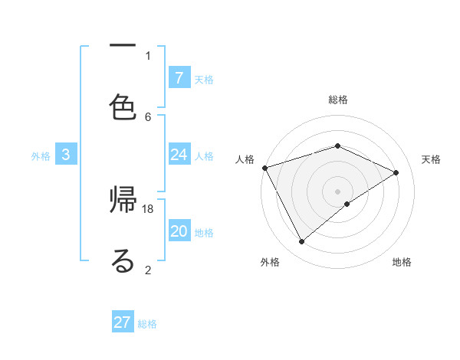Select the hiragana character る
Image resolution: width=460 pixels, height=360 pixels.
pos(123,261)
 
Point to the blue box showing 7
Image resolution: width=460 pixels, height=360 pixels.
pos(179,77)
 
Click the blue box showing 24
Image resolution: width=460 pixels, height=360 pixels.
pos(179,155)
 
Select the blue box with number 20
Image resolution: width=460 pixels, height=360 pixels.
pos(179,231)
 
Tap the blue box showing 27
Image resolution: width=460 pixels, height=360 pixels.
pos(123,322)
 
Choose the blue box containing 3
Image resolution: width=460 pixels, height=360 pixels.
pos(66,155)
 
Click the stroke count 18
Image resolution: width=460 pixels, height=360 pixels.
pos(148,208)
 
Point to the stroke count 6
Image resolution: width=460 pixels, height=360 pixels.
pos(148,116)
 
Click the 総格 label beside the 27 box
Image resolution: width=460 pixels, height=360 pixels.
pos(147,324)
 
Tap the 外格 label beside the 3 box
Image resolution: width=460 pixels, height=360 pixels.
pos(41,156)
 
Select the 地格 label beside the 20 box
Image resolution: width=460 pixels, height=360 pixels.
pos(204,233)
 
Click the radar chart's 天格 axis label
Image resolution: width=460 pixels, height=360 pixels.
pos(431,159)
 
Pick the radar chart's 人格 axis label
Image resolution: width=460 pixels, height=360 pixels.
pos(245,159)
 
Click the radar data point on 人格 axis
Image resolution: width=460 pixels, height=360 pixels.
pos(264,168)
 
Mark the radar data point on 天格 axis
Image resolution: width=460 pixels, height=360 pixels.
pos(396,172)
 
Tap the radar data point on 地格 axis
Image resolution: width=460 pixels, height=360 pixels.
pos(347,204)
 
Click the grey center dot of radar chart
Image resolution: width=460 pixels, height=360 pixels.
pos(337,191)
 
